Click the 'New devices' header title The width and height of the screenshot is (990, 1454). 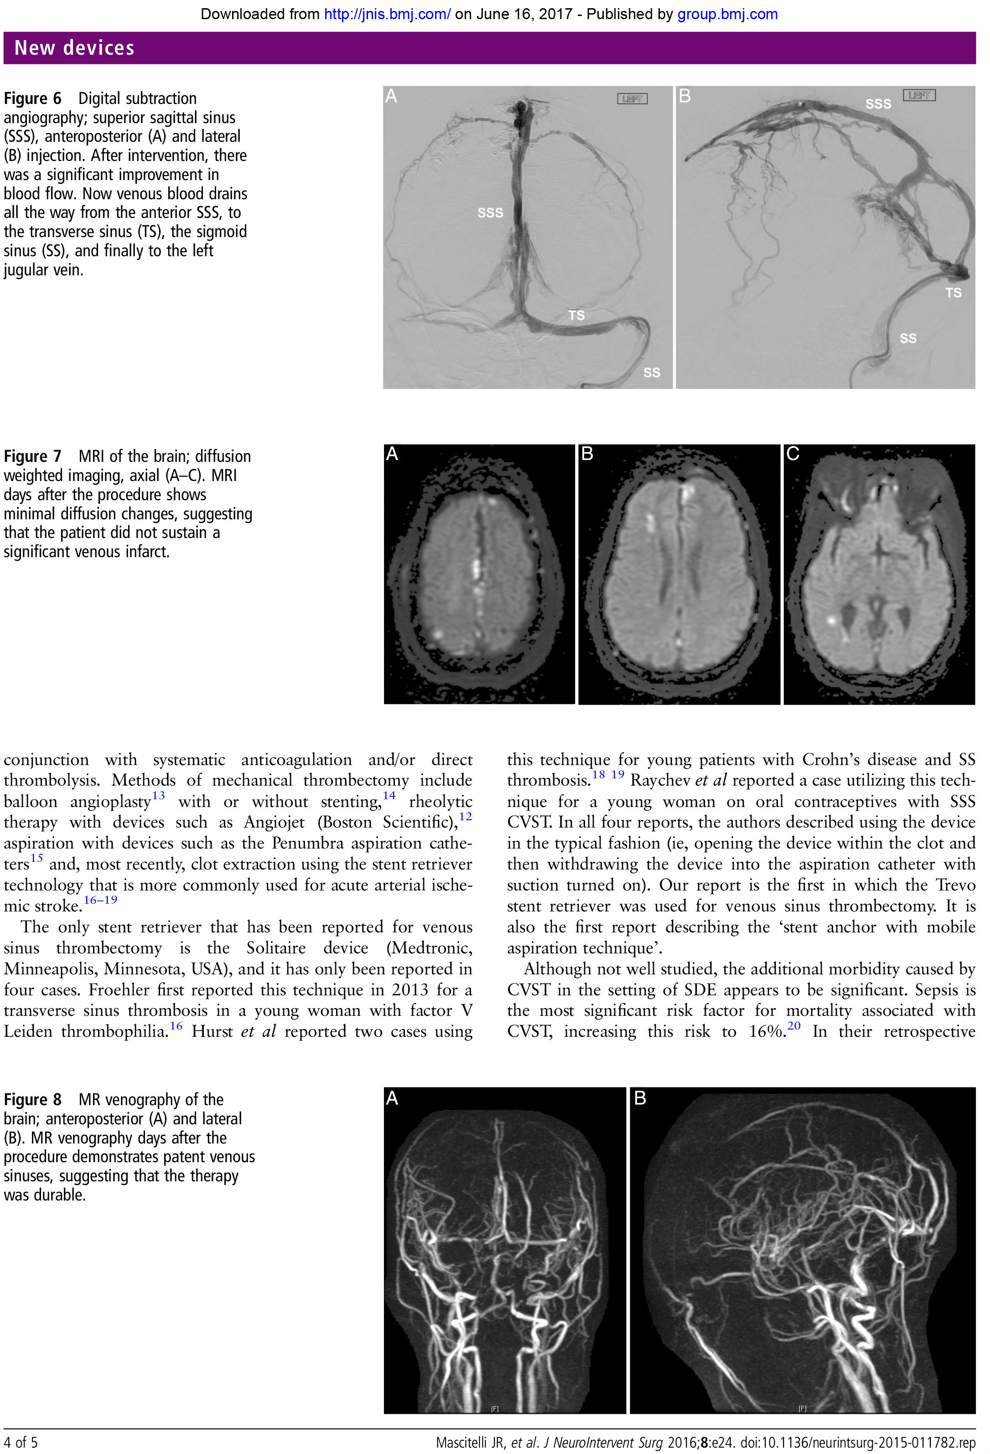click(x=74, y=48)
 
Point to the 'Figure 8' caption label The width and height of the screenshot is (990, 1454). click(x=32, y=1099)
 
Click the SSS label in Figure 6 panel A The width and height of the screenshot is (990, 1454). click(x=490, y=213)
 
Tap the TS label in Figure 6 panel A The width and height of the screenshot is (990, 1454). click(x=576, y=316)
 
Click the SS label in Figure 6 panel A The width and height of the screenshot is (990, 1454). click(x=652, y=373)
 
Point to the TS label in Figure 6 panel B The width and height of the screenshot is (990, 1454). click(x=953, y=293)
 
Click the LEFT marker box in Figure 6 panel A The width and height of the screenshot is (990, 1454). click(x=632, y=99)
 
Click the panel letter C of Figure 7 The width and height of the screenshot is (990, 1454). click(x=793, y=454)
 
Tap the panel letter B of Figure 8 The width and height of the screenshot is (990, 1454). click(x=640, y=1097)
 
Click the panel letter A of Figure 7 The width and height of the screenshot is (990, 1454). click(x=392, y=454)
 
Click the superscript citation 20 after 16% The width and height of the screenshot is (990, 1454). click(x=793, y=1025)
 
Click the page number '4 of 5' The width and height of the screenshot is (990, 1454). click(x=21, y=1443)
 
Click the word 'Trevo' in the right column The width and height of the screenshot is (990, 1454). click(x=955, y=885)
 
